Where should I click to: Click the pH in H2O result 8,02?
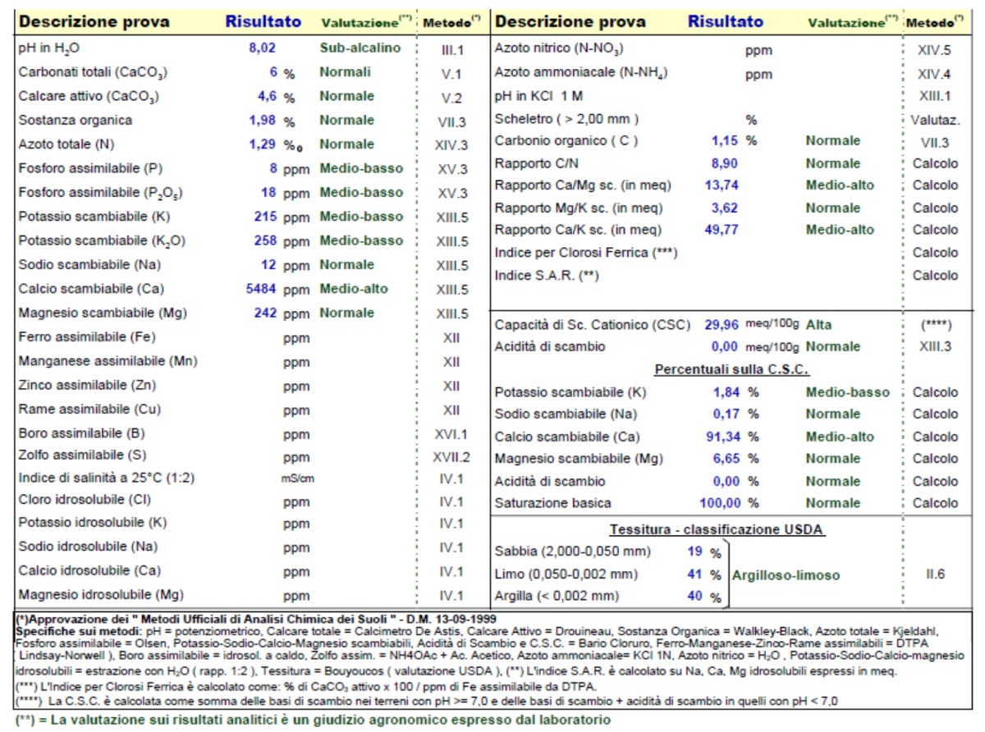262,48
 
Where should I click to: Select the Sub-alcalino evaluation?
360,48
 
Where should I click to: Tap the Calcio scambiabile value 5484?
261,289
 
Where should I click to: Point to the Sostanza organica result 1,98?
262,121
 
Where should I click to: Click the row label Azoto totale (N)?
66,144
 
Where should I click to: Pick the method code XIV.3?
451,145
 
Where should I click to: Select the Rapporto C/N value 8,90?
724,163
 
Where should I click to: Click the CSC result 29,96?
722,325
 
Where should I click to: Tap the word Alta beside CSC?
818,325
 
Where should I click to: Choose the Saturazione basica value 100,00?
721,503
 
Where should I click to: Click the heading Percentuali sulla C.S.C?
731,369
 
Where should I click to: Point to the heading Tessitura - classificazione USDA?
717,529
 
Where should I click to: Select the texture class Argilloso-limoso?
786,575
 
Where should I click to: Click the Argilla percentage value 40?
694,596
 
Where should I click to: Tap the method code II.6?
935,574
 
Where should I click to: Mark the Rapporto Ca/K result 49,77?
722,230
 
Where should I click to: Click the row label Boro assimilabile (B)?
82,433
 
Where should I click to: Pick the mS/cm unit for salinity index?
297,478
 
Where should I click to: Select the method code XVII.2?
451,457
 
